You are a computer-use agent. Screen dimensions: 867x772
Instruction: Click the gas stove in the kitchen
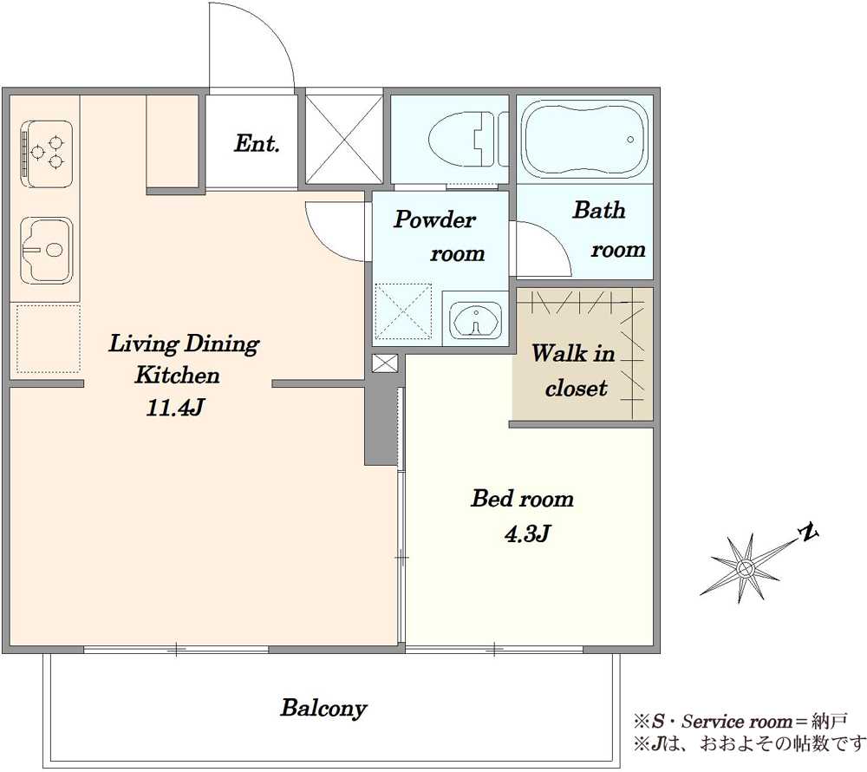tap(47, 154)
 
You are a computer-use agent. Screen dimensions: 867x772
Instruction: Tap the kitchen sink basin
tap(47, 250)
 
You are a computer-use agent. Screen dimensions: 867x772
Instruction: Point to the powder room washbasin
tap(475, 319)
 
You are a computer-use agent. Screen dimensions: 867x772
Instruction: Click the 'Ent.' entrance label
tap(257, 144)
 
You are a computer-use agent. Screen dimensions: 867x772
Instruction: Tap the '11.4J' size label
tap(175, 409)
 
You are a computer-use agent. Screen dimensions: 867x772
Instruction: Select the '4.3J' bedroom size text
tap(527, 533)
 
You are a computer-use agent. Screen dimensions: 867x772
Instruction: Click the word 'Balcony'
tap(323, 709)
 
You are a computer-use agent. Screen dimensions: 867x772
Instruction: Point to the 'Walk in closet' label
tap(574, 370)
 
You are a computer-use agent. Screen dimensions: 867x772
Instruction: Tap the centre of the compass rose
tap(745, 567)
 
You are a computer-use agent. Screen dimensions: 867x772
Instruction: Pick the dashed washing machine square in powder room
tap(403, 311)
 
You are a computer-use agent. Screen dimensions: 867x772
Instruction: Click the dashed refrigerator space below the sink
tap(48, 338)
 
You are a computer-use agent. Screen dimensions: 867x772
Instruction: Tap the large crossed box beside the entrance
tap(344, 139)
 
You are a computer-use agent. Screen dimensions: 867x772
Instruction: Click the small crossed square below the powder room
tap(384, 363)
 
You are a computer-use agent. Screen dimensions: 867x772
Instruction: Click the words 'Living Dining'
tap(184, 344)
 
